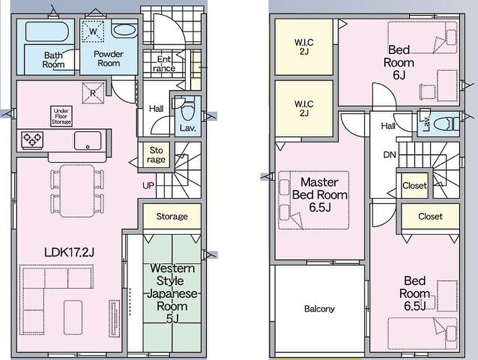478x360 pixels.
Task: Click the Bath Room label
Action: [54, 60]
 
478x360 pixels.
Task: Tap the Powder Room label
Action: [108, 58]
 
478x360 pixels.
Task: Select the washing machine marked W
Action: [93, 31]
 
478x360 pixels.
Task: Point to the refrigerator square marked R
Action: [93, 93]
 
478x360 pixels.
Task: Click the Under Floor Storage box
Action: [61, 116]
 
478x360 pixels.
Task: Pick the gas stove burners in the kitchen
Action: [32, 140]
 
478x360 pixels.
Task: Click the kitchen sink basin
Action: [88, 141]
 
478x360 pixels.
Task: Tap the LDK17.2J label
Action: [69, 252]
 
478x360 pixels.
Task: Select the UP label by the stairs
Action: [148, 185]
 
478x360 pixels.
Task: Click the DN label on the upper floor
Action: [389, 155]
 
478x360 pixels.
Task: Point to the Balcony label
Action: [319, 309]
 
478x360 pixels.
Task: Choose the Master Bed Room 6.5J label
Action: [320, 195]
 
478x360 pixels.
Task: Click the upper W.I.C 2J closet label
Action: [304, 47]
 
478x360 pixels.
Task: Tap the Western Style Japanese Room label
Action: [172, 293]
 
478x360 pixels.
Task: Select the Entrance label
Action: [164, 64]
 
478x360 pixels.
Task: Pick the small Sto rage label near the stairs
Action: [156, 155]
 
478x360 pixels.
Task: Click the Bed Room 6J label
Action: [399, 63]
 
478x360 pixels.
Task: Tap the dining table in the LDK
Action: [77, 191]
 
